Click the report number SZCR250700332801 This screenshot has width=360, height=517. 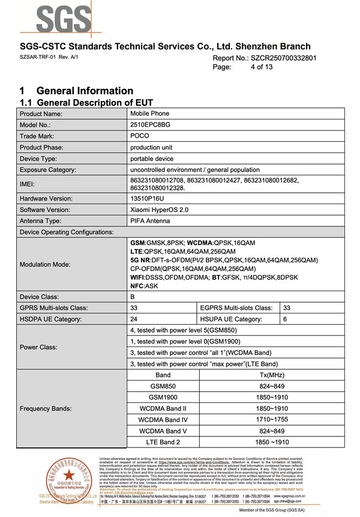(282, 58)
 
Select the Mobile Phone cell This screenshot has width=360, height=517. (150, 113)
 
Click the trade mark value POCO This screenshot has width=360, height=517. (140, 136)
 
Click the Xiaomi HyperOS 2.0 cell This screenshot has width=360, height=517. (159, 210)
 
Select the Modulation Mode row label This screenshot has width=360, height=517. (45, 264)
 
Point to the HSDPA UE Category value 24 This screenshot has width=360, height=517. (134, 319)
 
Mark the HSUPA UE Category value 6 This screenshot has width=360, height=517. (285, 319)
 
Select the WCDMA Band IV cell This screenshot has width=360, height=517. (163, 420)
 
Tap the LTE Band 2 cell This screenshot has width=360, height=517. (163, 442)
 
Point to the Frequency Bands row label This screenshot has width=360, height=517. (46, 408)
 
